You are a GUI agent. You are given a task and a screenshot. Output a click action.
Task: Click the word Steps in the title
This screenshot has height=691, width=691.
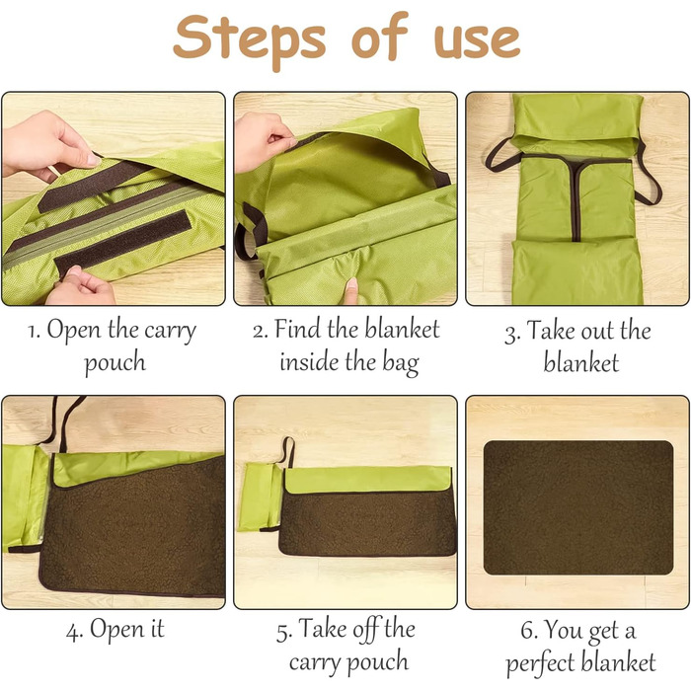(x=250, y=39)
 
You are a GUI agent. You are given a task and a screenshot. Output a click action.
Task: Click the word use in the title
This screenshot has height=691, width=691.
(x=477, y=40)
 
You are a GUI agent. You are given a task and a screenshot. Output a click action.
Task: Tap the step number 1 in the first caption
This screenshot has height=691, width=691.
(x=33, y=332)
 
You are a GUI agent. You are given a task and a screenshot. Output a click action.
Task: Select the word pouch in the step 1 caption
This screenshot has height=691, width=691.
(x=115, y=362)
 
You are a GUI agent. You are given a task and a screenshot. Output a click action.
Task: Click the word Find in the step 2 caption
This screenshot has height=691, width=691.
(x=296, y=329)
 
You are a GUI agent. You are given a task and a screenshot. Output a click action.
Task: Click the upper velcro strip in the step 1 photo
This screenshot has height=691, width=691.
(x=96, y=186)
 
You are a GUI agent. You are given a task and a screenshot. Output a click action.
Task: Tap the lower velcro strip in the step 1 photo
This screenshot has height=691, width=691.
(x=123, y=243)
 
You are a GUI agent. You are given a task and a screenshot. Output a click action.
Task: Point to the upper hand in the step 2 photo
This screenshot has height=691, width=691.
(x=264, y=142)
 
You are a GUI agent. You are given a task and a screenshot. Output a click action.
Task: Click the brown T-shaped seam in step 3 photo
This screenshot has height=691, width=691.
(x=576, y=190)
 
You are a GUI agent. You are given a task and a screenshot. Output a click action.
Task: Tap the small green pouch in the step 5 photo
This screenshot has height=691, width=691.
(x=261, y=497)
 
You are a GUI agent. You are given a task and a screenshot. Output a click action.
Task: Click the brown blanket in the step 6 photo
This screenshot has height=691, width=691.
(x=578, y=507)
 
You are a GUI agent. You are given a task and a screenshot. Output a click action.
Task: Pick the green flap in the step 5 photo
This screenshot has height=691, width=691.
(x=368, y=480)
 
